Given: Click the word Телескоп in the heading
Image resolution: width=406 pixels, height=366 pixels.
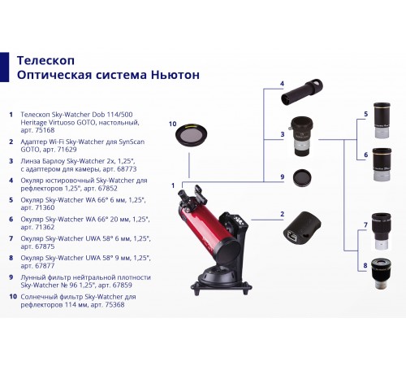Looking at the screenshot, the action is (x=45, y=60).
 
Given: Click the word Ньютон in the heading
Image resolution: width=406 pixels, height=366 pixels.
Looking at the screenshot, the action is (x=175, y=75).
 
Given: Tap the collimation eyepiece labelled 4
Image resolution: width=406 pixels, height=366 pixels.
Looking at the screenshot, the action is (x=302, y=92).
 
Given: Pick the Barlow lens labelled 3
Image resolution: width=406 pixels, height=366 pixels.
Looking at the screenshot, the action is (x=301, y=136).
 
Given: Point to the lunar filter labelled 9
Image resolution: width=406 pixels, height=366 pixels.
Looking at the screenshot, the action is (x=302, y=178).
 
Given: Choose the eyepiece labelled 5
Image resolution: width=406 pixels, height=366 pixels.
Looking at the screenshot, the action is (x=382, y=120).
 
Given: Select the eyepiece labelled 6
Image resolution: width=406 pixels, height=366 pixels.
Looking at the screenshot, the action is (x=382, y=164).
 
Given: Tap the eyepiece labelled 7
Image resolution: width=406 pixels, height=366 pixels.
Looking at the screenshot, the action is (x=381, y=231).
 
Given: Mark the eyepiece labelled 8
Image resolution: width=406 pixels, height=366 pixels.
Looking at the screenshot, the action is (x=381, y=273).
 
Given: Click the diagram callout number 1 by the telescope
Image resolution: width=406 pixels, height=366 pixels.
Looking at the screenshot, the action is (x=173, y=185).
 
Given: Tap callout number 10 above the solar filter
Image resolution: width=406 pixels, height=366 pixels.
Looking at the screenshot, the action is (x=172, y=124).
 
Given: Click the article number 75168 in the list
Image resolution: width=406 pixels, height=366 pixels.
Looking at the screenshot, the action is (x=45, y=130).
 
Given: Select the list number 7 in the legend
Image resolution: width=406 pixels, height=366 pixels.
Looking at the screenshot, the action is (x=11, y=238).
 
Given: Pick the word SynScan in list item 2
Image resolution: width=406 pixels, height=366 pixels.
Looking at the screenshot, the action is (x=132, y=142).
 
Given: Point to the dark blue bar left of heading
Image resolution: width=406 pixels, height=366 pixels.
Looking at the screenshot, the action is (x=4, y=67).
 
